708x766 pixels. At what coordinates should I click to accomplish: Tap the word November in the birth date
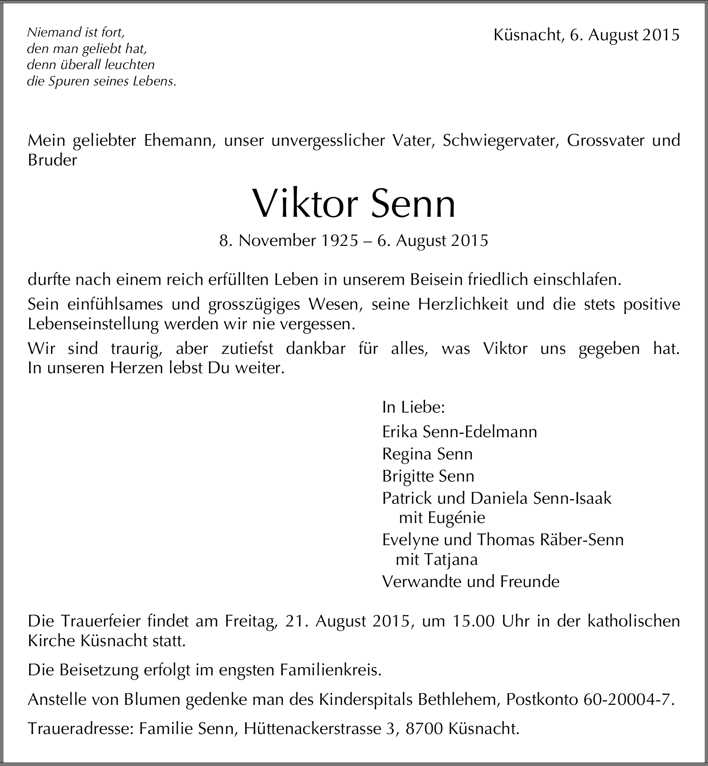[x=277, y=241]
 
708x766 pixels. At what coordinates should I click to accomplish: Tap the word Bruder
[x=52, y=160]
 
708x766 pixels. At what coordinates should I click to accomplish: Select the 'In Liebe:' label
[x=414, y=407]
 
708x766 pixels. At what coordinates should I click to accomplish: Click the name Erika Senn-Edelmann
[x=459, y=432]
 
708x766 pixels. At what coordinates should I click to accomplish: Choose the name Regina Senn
[x=427, y=454]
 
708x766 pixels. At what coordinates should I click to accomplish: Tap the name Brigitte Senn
[x=428, y=476]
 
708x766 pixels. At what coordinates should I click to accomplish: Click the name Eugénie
[x=456, y=518]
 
